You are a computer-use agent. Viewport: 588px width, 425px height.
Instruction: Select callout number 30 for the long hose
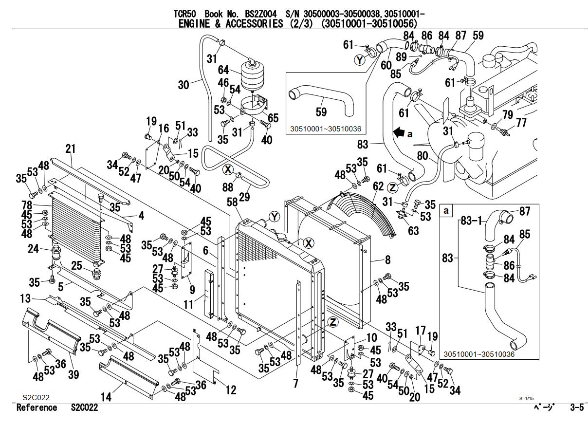(184, 85)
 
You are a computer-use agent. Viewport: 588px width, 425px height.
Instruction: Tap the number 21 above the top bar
(72, 148)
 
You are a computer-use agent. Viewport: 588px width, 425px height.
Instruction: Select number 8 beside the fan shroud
(387, 259)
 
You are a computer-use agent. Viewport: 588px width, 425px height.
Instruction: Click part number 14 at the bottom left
(106, 397)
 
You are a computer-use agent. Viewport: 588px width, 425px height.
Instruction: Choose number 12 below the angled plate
(231, 389)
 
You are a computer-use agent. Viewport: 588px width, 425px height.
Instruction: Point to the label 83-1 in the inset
(471, 221)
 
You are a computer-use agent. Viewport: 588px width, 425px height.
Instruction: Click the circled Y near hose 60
(359, 60)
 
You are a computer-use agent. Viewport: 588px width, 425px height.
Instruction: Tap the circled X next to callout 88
(228, 170)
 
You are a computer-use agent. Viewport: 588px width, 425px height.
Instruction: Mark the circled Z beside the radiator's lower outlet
(333, 322)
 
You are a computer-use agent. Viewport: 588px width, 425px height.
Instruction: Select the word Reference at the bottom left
(37, 408)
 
